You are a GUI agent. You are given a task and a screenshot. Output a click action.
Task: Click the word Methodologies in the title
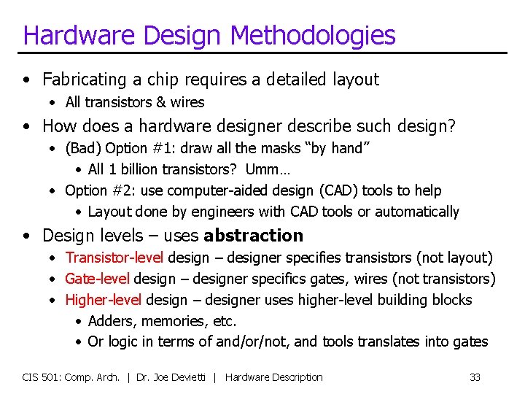tap(313, 34)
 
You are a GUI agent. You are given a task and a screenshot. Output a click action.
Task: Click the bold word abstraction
tap(253, 236)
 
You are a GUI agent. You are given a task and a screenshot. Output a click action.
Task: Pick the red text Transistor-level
tap(116, 258)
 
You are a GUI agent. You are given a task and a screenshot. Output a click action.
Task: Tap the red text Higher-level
tap(104, 300)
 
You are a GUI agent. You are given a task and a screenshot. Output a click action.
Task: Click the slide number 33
tap(475, 377)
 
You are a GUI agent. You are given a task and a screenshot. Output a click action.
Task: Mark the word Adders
tap(112, 321)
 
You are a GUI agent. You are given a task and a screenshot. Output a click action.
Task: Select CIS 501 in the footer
tap(42, 377)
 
